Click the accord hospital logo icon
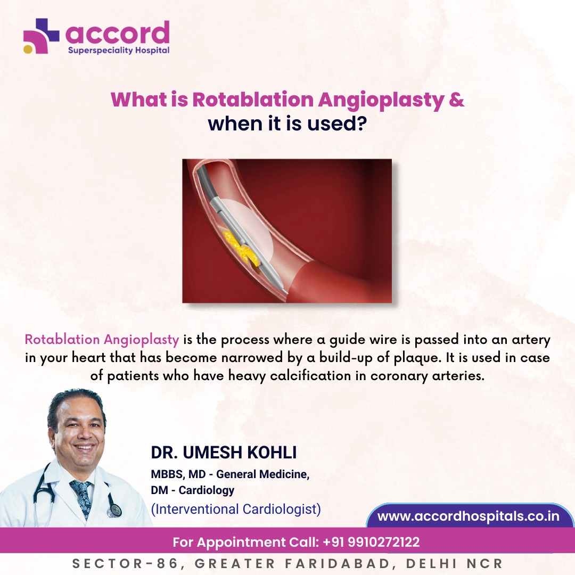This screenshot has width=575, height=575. (41, 36)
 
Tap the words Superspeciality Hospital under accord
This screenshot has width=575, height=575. (118, 50)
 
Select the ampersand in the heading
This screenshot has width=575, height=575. (457, 100)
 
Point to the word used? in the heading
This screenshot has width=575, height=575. (342, 123)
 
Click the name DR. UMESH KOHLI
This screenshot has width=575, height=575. (224, 453)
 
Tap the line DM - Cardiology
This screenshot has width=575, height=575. (193, 490)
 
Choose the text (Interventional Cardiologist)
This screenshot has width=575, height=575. (236, 509)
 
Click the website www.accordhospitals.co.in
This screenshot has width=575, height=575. (468, 516)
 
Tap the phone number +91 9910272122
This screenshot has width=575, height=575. (371, 543)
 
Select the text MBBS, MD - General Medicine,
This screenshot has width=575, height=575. (230, 474)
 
